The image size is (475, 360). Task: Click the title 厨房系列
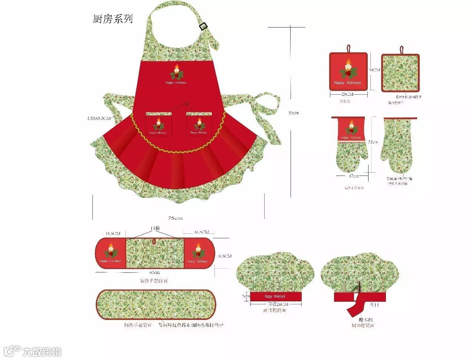click(x=112, y=19)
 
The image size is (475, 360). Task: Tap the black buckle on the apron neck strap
click(x=203, y=26)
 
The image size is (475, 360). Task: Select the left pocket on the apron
click(x=158, y=124)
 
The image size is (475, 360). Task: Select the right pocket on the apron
click(x=199, y=124)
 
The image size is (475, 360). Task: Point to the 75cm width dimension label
click(x=175, y=218)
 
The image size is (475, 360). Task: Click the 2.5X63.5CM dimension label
click(x=99, y=118)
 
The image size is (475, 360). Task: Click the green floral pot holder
click(x=400, y=73)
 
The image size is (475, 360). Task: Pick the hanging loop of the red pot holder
click(x=348, y=48)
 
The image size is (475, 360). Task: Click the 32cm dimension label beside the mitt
click(x=373, y=142)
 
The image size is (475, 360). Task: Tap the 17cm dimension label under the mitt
click(x=354, y=176)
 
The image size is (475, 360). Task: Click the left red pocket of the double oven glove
click(x=111, y=253)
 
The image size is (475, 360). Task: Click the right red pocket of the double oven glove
click(x=199, y=253)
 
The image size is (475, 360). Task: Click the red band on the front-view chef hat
click(x=276, y=297)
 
